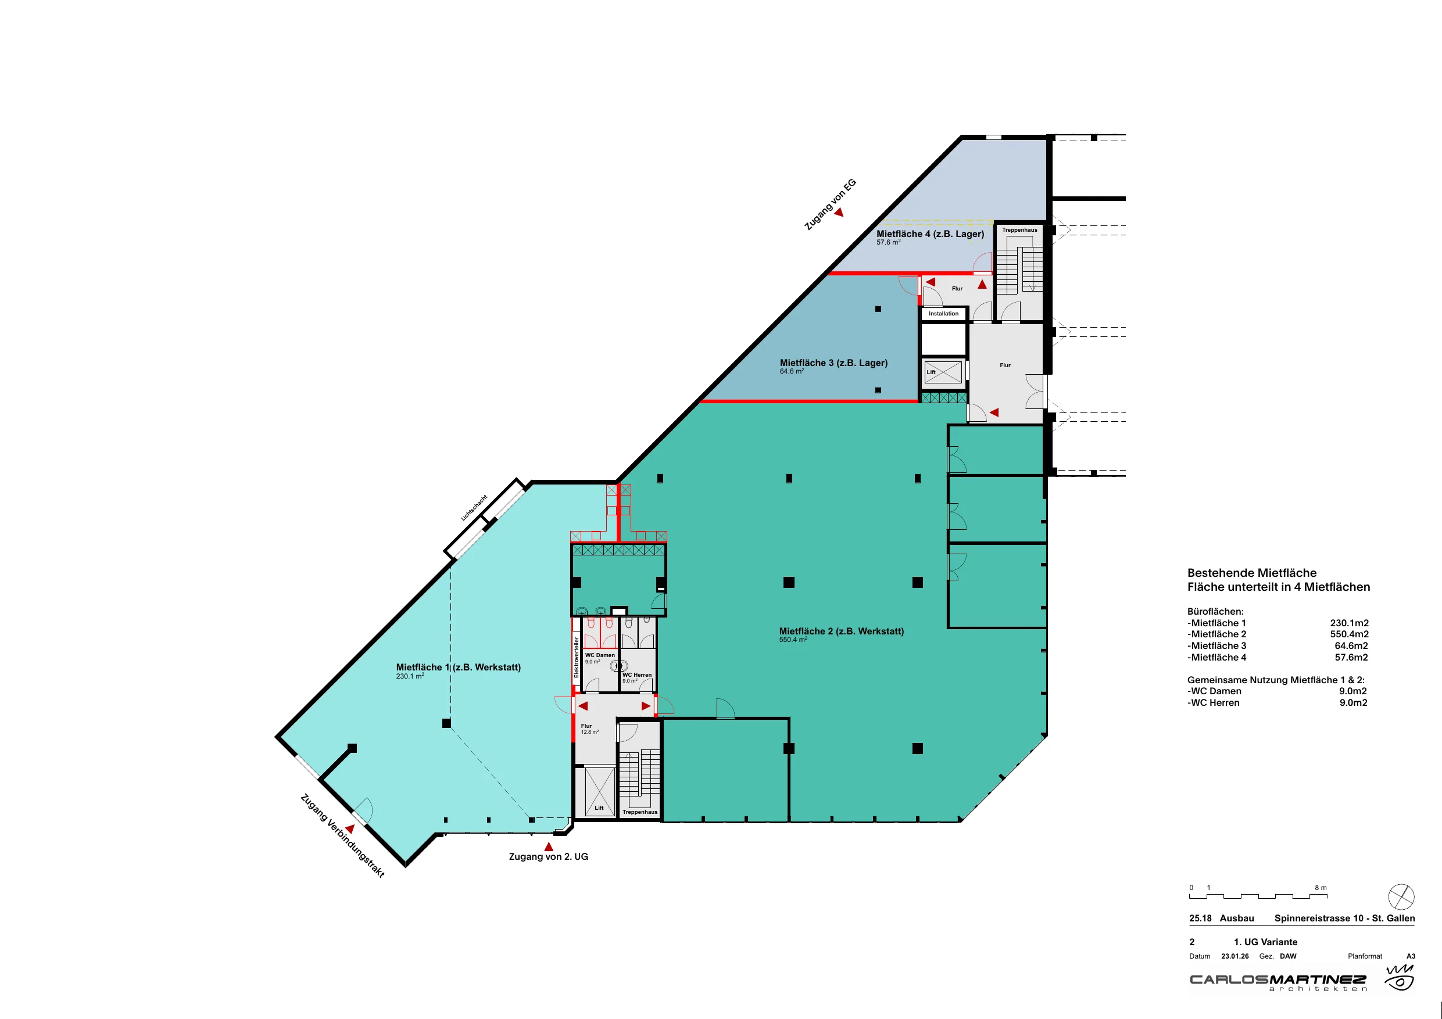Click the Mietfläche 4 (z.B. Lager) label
[x=930, y=234]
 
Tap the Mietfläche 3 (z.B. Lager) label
[x=833, y=363]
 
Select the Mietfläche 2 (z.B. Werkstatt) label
[x=842, y=632]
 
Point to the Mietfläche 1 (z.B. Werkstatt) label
[x=459, y=668]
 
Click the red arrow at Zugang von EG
[x=839, y=213]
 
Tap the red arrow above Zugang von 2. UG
[x=548, y=846]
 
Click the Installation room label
[x=943, y=314]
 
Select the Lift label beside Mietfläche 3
[x=931, y=372]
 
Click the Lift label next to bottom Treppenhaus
[x=599, y=808]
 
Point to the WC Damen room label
[x=600, y=655]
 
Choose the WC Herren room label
[x=637, y=675]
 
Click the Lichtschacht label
[x=474, y=508]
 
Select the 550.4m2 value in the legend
[x=1349, y=634]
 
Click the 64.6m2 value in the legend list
[x=1351, y=645]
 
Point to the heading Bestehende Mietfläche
[x=1252, y=573]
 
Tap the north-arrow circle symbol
[x=1401, y=896]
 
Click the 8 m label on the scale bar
[x=1321, y=888]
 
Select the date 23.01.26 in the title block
[x=1235, y=956]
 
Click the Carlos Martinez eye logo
[x=1400, y=978]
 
